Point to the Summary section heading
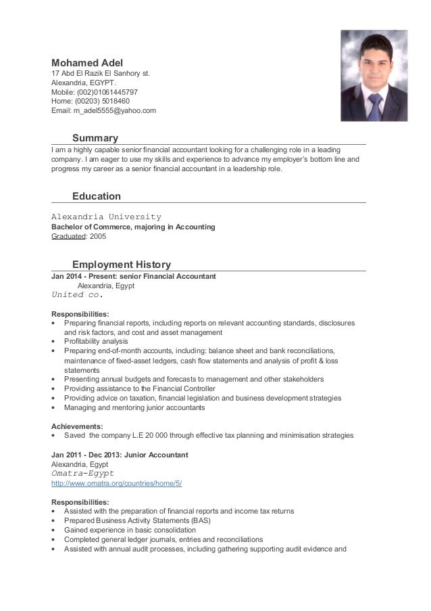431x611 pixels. pos(95,138)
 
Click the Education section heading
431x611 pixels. pos(97,196)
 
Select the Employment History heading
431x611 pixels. pos(121,265)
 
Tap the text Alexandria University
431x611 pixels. pos(106,217)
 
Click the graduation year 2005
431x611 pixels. pos(97,237)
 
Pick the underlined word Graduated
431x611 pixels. pos(70,237)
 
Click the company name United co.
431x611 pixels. pos(77,295)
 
